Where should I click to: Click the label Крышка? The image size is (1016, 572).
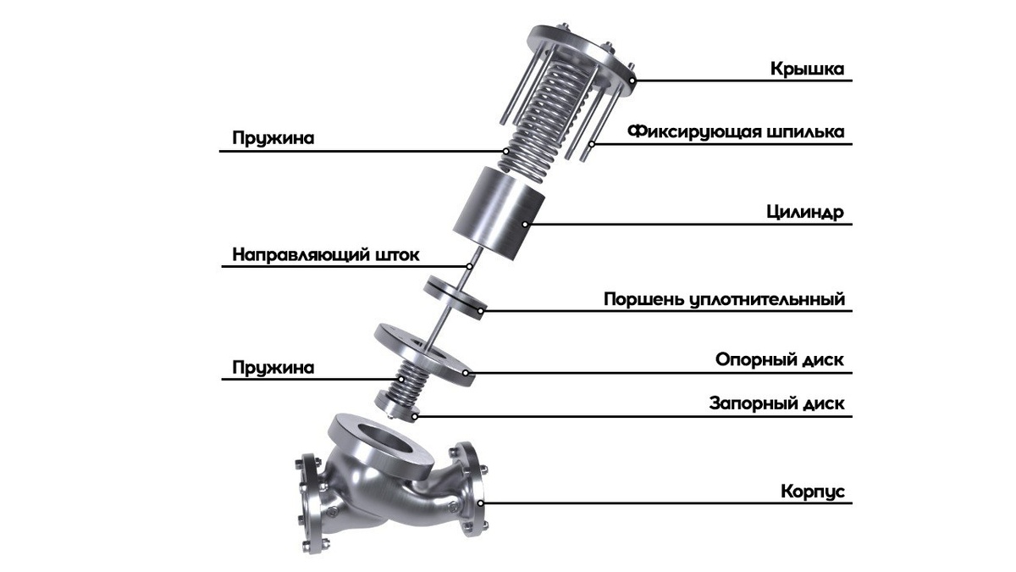point(808,69)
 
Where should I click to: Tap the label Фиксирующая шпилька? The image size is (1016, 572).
point(736,132)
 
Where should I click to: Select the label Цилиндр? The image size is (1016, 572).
point(805,213)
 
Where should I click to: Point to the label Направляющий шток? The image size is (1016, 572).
point(326,255)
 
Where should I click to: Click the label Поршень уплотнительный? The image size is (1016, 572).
point(725,300)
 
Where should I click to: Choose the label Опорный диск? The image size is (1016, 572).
point(780,360)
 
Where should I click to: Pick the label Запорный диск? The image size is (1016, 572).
point(776,403)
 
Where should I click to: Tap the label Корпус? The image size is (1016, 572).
point(813,491)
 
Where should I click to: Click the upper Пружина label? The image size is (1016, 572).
point(273,138)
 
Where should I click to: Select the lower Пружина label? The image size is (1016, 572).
point(273,367)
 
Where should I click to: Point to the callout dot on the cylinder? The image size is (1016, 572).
point(525,225)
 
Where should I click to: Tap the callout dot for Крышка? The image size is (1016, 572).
point(633,81)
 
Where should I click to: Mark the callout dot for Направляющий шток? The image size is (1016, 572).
point(470,266)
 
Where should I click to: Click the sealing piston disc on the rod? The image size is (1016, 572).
point(456,298)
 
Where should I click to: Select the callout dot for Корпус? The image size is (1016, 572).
point(481,503)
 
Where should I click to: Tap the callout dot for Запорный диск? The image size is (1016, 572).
point(414,416)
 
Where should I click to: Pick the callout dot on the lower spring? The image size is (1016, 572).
point(400,379)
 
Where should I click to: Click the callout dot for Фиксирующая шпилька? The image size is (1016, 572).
point(592,144)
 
